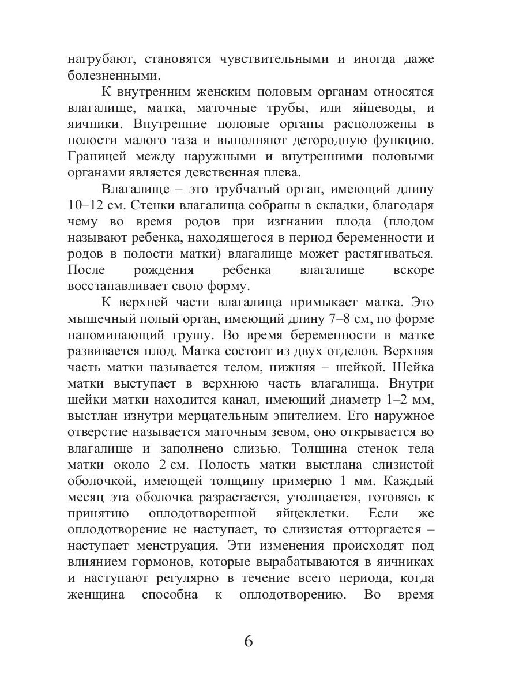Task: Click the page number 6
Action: pos(249,641)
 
